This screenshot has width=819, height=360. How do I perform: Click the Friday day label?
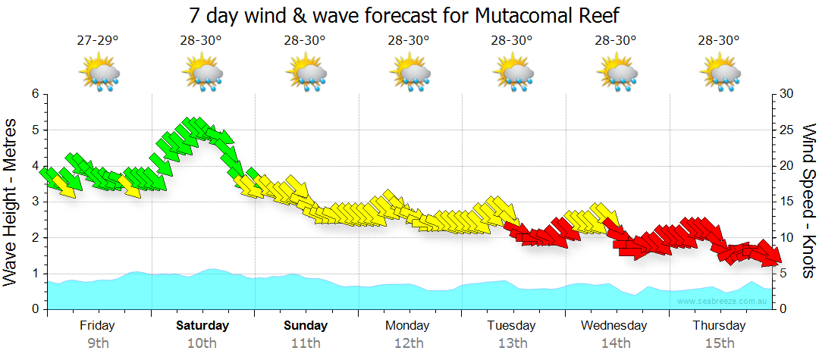(x=98, y=326)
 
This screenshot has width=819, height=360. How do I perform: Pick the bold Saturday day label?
(x=202, y=326)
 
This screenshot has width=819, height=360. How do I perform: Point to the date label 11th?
(x=306, y=343)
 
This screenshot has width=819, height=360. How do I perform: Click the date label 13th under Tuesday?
(x=513, y=343)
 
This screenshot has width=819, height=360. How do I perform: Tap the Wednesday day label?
(x=615, y=326)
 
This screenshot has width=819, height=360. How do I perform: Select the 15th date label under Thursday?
(x=719, y=343)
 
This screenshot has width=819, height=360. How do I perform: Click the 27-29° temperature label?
(x=98, y=40)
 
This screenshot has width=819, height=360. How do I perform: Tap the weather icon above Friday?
(x=99, y=74)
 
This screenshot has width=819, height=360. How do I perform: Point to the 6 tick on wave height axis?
(x=34, y=94)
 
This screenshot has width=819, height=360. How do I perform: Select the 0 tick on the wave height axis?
(x=34, y=309)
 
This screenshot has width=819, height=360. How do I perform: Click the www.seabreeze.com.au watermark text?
(x=723, y=302)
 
